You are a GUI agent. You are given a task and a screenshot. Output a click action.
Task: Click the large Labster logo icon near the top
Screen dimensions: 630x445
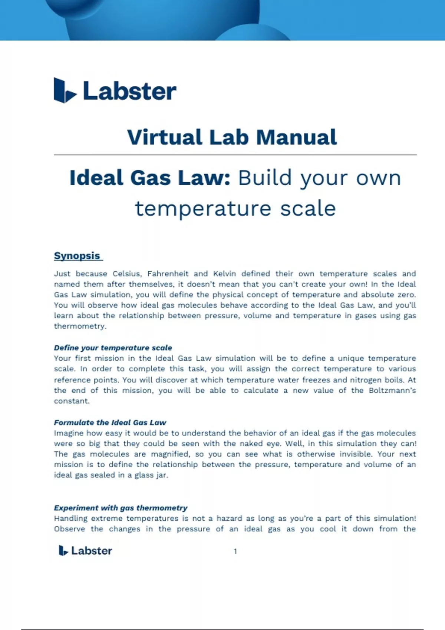click(x=65, y=90)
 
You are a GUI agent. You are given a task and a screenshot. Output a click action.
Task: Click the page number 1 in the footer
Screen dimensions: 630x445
click(x=235, y=551)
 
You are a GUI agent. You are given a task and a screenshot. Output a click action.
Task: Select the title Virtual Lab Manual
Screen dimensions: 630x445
click(x=232, y=137)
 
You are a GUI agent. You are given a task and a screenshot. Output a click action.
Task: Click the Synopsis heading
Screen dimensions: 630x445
click(x=77, y=256)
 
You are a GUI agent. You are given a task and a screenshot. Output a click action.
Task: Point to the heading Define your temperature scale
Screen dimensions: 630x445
click(x=113, y=348)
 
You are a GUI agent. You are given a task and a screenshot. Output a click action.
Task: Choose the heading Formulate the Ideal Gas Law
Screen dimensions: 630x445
click(x=110, y=422)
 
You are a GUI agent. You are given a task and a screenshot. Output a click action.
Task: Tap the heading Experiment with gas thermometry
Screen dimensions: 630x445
click(x=121, y=508)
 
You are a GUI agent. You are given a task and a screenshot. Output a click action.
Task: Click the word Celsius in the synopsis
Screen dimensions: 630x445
click(x=127, y=274)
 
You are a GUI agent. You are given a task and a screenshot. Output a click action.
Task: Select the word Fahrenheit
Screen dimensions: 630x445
click(x=168, y=274)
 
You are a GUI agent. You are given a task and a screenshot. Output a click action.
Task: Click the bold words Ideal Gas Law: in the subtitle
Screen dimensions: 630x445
click(x=150, y=178)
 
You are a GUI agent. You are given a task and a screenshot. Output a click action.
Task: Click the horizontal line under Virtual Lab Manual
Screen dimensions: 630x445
click(x=235, y=155)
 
